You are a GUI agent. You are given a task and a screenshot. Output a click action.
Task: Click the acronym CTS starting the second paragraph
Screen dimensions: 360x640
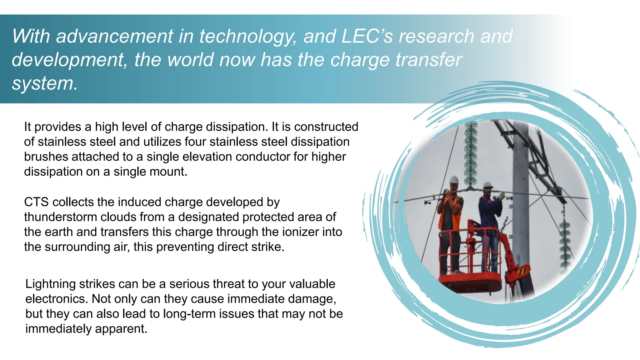coord(36,202)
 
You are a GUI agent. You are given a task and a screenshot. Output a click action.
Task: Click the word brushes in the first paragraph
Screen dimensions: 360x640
coord(46,157)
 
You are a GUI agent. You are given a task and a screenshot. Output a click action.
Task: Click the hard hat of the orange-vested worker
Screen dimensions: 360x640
coord(454,180)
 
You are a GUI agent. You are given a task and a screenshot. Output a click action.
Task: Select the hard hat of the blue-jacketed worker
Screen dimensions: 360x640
coord(487,185)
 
